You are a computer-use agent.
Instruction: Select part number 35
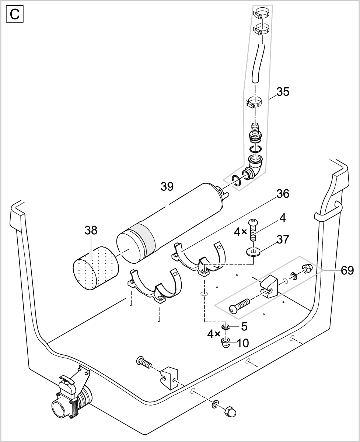pyautogui.click(x=283, y=92)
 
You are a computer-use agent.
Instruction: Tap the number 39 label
pyautogui.click(x=167, y=187)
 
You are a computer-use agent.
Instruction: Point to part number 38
pyautogui.click(x=91, y=231)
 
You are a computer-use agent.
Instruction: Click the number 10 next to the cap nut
pyautogui.click(x=243, y=343)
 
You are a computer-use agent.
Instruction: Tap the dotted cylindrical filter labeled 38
pyautogui.click(x=97, y=269)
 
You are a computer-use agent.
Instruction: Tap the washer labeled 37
pyautogui.click(x=253, y=252)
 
